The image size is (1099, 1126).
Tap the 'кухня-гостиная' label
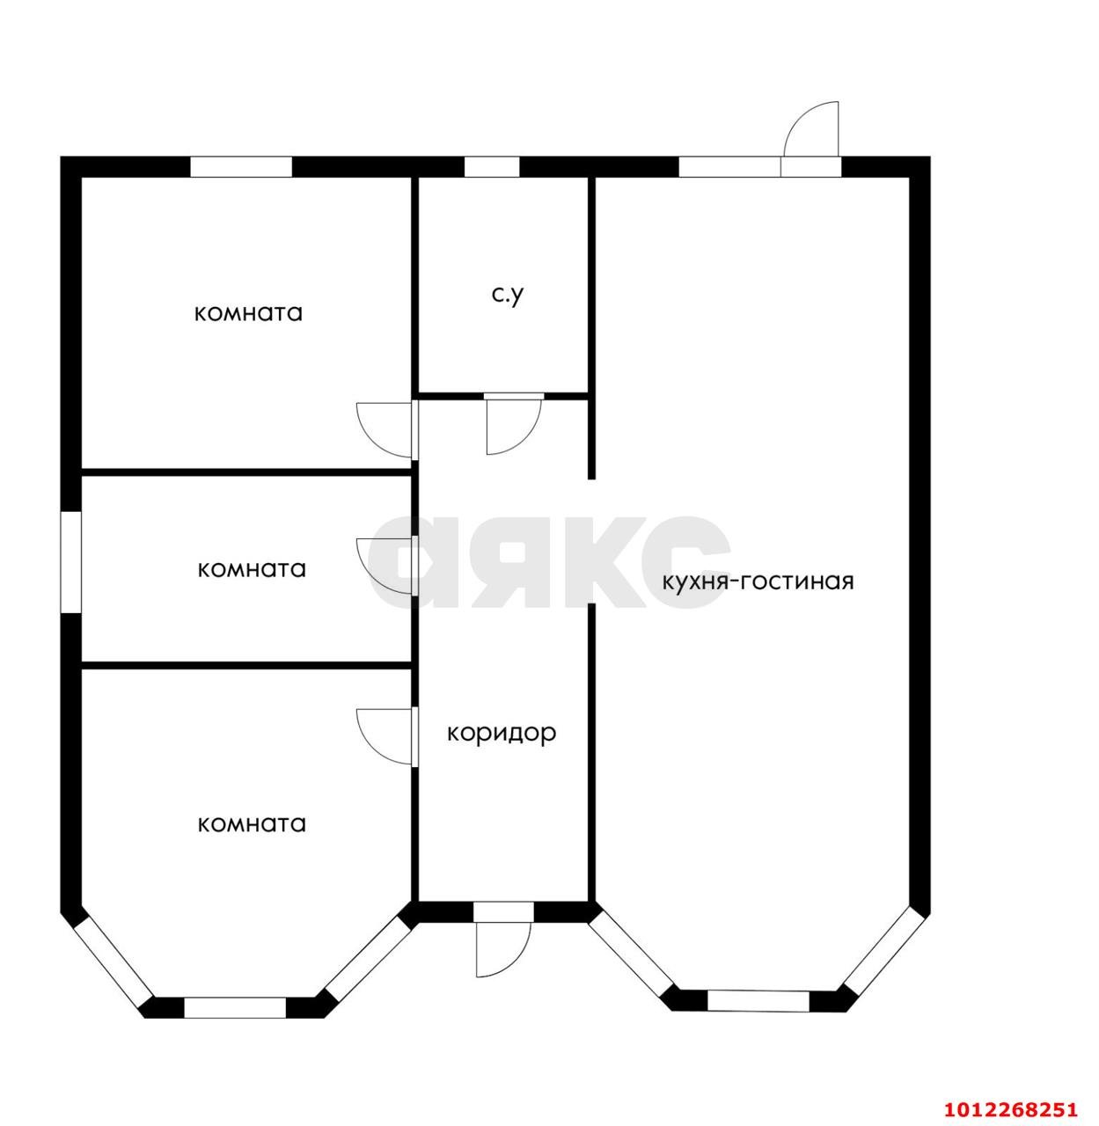pos(758,581)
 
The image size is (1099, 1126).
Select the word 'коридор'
pos(502,734)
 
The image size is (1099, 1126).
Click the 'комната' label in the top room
pos(248,314)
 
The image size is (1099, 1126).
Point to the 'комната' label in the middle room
pos(252,570)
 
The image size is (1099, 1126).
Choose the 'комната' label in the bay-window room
pos(252,824)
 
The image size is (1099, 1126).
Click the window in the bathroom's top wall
pos(492,166)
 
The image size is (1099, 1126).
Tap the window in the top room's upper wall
pos(241,166)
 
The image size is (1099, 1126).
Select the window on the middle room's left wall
pos(71,562)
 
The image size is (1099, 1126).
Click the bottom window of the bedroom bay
pos(235,1007)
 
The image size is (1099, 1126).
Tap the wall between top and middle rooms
pos(246,472)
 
